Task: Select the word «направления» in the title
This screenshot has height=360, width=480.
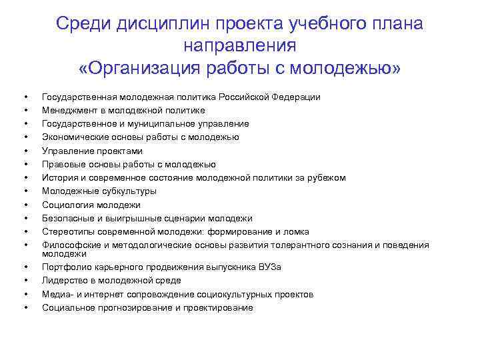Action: click(x=239, y=47)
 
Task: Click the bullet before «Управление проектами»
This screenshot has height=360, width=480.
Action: click(x=25, y=151)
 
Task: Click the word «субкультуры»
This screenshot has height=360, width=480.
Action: click(x=126, y=191)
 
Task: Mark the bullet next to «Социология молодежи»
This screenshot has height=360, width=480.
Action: click(x=25, y=205)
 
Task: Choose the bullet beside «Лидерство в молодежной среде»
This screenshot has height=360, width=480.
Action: click(x=25, y=281)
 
